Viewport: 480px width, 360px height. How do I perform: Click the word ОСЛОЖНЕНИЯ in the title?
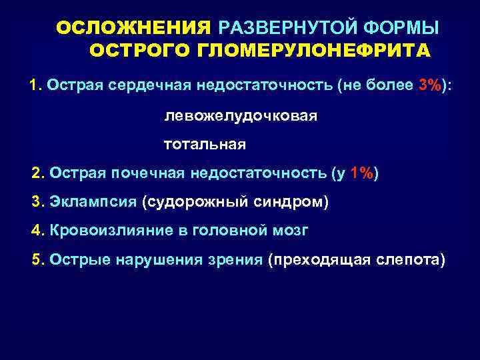point(133,28)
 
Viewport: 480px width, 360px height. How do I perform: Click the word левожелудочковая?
point(241,116)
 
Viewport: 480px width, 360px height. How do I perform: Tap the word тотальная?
point(205,145)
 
